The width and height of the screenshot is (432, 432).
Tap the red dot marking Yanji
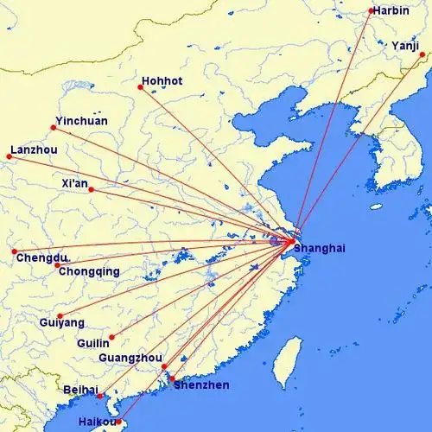(422, 54)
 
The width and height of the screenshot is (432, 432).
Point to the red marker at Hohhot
(141, 87)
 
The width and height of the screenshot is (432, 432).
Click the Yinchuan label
(81, 121)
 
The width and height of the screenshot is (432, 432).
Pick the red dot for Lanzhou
(10, 156)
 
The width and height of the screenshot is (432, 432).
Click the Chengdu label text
(41, 258)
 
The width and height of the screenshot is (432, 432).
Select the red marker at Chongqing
(58, 265)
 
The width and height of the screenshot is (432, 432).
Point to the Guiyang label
(62, 322)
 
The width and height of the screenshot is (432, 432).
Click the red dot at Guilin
(111, 337)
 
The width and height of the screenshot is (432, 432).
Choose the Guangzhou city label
(131, 358)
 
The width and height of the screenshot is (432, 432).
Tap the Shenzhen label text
(201, 385)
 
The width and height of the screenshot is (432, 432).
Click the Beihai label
(81, 391)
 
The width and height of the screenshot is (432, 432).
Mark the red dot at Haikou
(121, 423)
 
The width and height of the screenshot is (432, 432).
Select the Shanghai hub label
(319, 248)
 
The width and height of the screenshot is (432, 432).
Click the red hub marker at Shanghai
(292, 241)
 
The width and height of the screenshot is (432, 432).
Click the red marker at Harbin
(371, 11)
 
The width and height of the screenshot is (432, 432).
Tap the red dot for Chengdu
(15, 251)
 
